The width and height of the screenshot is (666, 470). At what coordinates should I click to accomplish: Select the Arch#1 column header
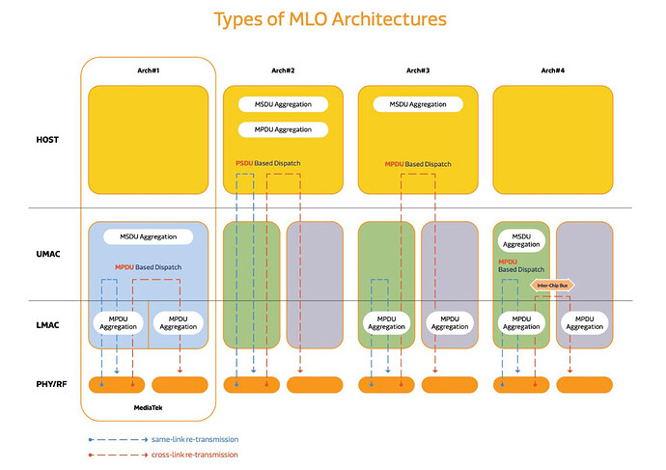tap(147, 70)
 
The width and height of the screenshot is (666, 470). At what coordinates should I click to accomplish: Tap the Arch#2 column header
tap(282, 70)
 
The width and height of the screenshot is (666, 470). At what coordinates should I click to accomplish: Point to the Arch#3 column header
tap(417, 70)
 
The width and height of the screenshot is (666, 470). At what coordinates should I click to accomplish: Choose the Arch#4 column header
tap(552, 70)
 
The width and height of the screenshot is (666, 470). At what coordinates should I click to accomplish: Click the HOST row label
tap(47, 140)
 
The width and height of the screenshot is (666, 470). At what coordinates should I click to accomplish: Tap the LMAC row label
tap(47, 326)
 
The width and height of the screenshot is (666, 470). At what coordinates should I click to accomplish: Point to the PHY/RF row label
tap(47, 384)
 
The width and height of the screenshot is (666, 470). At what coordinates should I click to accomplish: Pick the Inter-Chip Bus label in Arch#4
tap(552, 285)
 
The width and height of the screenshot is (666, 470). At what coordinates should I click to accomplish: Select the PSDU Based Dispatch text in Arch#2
tap(267, 163)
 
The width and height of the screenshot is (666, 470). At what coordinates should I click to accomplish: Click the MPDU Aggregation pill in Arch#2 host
tap(282, 128)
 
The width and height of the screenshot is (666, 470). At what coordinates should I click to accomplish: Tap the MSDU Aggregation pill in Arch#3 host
tap(417, 104)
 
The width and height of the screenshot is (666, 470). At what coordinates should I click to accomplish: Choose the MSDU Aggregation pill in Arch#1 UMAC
tap(148, 235)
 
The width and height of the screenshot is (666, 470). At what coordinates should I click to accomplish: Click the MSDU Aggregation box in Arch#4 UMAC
tap(521, 240)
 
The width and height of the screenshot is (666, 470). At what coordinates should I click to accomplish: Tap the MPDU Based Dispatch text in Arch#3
tap(417, 163)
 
